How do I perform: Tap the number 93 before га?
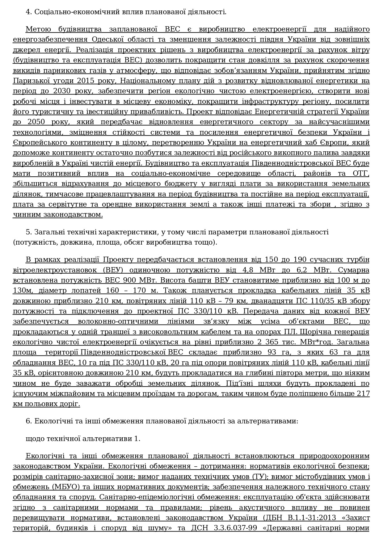269,352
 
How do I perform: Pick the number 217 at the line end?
363,394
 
